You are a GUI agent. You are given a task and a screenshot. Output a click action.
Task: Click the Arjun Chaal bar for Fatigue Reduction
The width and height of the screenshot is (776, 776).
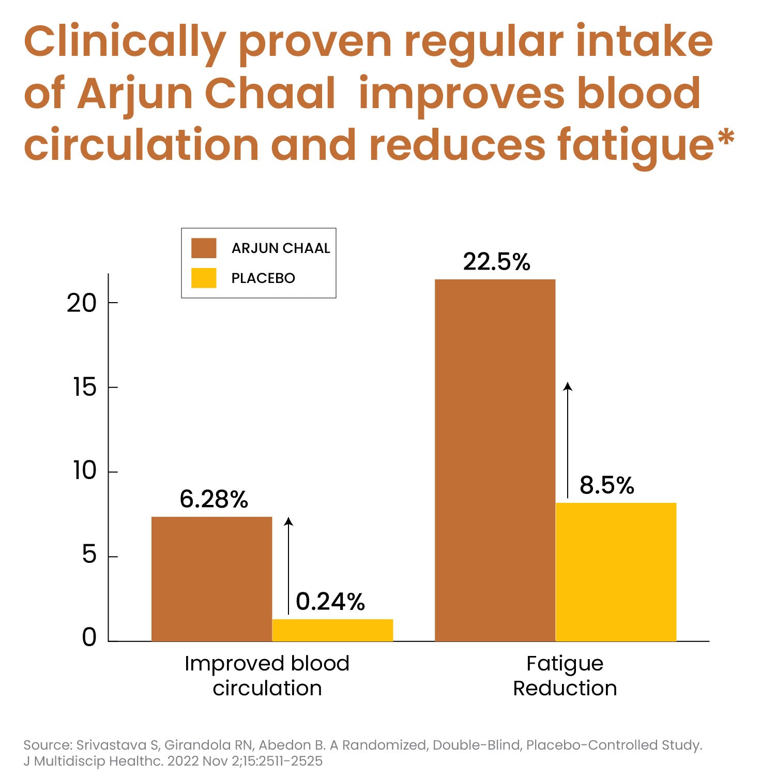[495, 460]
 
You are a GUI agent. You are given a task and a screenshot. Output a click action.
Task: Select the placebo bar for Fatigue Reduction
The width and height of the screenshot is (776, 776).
[616, 572]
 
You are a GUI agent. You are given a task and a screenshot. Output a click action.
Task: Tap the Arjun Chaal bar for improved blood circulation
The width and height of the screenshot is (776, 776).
[211, 579]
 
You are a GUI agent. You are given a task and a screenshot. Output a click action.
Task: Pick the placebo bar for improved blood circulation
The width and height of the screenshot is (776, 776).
[332, 630]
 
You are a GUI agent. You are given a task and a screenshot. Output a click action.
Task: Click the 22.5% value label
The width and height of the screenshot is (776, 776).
[496, 262]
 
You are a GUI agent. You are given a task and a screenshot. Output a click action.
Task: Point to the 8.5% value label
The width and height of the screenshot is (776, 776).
[606, 485]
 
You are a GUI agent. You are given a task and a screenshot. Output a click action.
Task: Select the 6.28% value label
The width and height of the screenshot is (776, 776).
[214, 499]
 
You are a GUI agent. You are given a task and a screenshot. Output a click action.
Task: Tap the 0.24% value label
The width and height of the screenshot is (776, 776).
[330, 602]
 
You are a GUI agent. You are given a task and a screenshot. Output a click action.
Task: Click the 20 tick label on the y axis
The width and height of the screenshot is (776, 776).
[82, 303]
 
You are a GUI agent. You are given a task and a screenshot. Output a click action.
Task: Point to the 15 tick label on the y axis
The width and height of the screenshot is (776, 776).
[85, 387]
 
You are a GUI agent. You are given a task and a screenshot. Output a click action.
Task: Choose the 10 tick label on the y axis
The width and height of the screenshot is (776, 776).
[84, 471]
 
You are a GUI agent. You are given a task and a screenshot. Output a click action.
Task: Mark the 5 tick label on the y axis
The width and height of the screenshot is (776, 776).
[89, 556]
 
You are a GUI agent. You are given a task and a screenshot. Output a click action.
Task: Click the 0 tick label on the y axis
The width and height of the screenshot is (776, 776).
[89, 638]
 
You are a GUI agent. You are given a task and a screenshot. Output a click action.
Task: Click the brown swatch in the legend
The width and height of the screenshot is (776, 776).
[204, 248]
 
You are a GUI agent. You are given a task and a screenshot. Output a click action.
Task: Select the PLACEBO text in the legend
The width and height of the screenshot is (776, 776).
[263, 278]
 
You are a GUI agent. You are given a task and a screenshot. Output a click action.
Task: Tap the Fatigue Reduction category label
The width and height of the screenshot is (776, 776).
[565, 676]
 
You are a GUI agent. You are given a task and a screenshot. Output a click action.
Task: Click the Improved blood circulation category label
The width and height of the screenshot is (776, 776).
[267, 676]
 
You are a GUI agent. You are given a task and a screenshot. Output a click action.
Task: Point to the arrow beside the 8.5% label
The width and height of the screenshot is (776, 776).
[568, 440]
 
